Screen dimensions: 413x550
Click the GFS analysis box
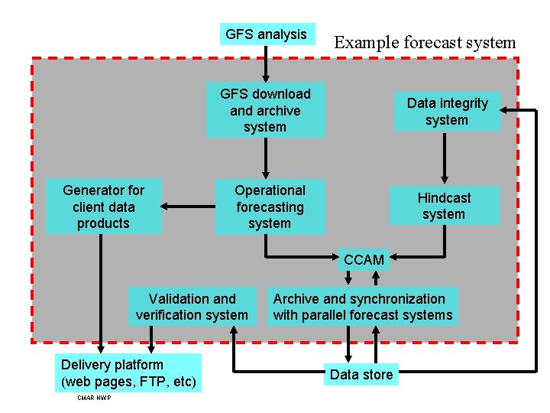click(x=266, y=34)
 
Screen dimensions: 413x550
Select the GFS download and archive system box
click(x=265, y=110)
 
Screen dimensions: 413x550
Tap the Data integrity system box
click(x=447, y=112)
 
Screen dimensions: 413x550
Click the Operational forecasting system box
click(x=270, y=206)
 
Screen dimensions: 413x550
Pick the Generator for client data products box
click(x=103, y=206)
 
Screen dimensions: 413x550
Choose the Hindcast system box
click(x=444, y=206)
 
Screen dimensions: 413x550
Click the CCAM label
click(x=364, y=260)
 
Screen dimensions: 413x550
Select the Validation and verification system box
click(x=192, y=307)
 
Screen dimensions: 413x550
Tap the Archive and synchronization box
click(x=362, y=307)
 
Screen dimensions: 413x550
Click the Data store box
click(x=361, y=374)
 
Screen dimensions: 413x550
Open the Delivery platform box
click(x=128, y=372)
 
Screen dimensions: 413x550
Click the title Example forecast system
click(x=425, y=43)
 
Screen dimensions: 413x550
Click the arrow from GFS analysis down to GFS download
click(x=266, y=63)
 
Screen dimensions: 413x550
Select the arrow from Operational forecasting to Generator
click(x=188, y=206)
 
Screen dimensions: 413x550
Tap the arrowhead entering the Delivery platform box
click(x=101, y=347)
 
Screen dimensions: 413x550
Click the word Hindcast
click(x=444, y=198)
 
